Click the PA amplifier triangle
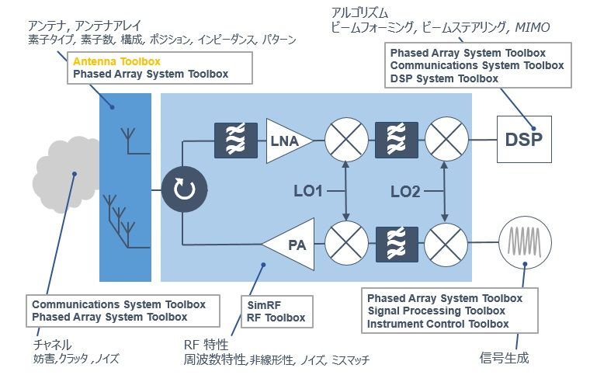[x=288, y=246]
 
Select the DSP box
[x=524, y=141]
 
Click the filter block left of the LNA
[x=235, y=141]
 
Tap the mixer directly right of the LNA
[x=345, y=141]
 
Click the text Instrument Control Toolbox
[x=438, y=324]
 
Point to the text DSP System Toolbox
[x=443, y=78]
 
